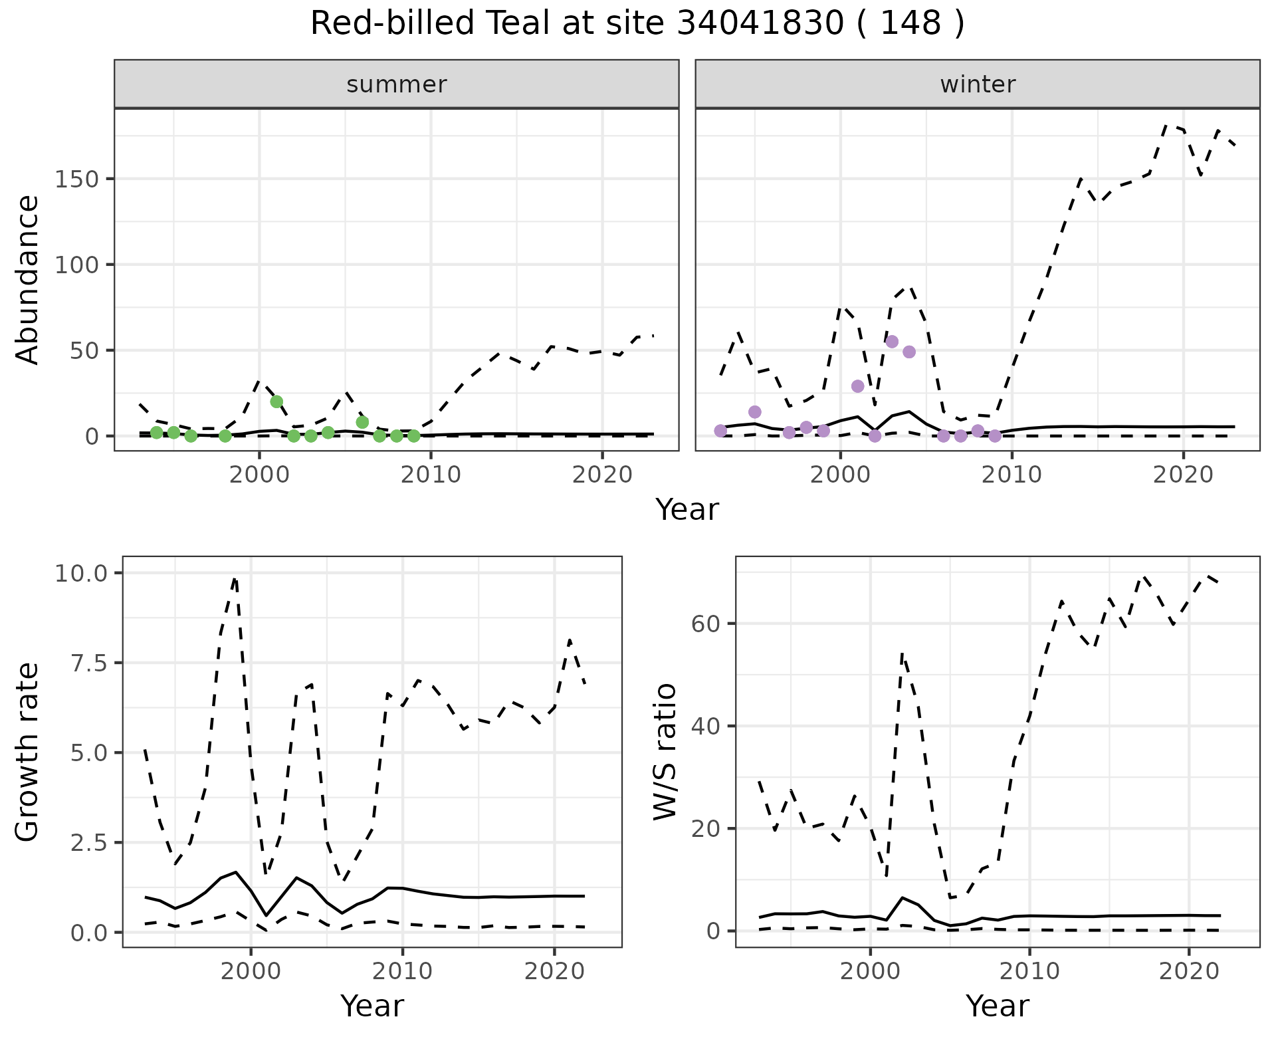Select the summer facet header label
(x=396, y=84)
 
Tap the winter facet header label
(x=977, y=84)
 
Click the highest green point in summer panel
(x=276, y=402)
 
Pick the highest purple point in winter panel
(x=892, y=342)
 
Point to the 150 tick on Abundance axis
(x=77, y=179)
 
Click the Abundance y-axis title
(x=28, y=279)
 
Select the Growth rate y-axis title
(x=28, y=752)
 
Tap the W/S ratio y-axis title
(x=665, y=751)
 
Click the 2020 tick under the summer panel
(x=602, y=476)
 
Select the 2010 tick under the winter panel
(x=1011, y=476)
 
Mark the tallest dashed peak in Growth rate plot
(x=235, y=579)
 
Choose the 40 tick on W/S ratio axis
(x=707, y=726)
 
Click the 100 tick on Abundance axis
(x=77, y=265)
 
